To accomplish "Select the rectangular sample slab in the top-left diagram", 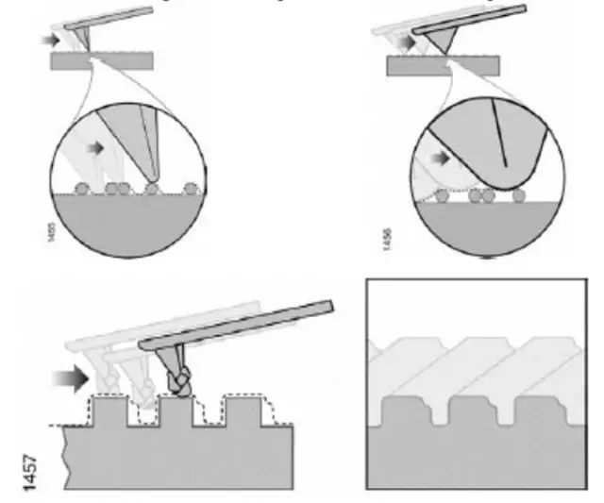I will pyautogui.click(x=103, y=61).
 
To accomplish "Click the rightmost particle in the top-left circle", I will pyautogui.click(x=193, y=187).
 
